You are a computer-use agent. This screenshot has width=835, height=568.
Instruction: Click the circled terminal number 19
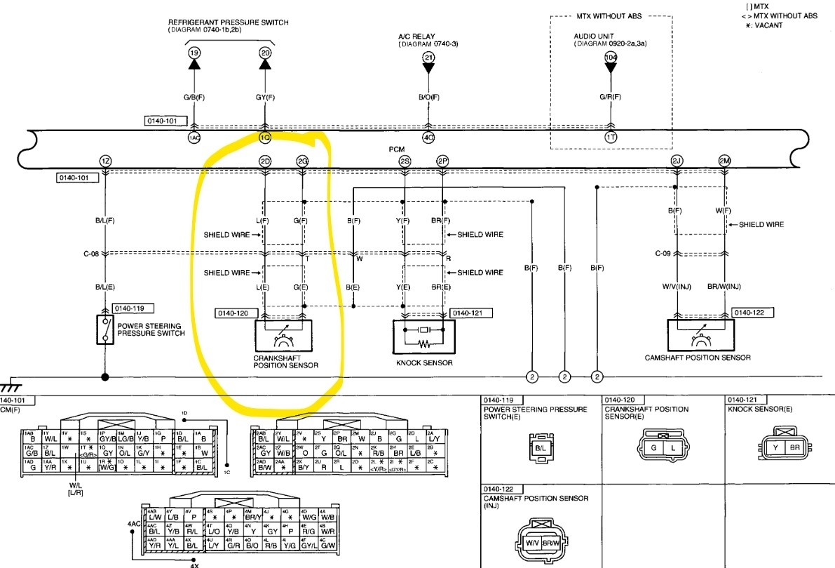click(x=194, y=52)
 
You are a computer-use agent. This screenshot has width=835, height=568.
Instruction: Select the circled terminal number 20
click(x=264, y=52)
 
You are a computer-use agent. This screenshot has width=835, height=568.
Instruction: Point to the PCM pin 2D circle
click(x=264, y=161)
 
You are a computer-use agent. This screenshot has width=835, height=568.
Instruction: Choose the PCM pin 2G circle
click(x=302, y=161)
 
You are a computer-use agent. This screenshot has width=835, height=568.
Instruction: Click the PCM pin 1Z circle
click(x=105, y=161)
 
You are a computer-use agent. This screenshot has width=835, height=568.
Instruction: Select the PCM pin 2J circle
click(x=677, y=161)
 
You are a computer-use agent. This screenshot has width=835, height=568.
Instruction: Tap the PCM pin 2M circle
click(x=725, y=161)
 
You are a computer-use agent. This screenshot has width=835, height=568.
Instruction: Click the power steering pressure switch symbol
click(x=105, y=329)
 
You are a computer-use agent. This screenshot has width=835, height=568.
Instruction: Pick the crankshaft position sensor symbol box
click(x=284, y=336)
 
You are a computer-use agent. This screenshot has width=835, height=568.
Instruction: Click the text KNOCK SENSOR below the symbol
click(x=424, y=363)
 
